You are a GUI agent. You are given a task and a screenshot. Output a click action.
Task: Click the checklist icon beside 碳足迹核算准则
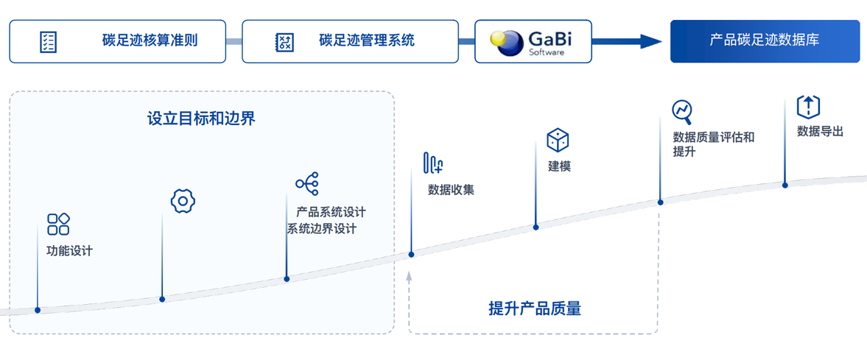[48, 41]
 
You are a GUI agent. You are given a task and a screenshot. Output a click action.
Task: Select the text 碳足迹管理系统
[367, 40]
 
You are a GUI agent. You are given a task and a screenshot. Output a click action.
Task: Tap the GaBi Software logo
[533, 41]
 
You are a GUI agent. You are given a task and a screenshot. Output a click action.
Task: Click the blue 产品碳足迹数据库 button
[765, 41]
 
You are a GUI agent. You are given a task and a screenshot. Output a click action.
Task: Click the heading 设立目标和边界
[201, 119]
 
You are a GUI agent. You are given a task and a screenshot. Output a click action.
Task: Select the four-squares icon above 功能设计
[58, 224]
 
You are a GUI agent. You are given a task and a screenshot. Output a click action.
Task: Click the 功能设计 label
[69, 251]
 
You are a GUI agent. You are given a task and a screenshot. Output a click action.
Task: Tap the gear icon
[183, 201]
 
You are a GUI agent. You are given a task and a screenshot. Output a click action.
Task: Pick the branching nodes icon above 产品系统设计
[306, 183]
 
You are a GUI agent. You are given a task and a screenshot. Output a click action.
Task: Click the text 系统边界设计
[322, 229]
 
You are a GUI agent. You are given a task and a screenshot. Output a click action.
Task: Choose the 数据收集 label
[451, 190]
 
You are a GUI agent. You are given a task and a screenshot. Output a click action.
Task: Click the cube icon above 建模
[558, 140]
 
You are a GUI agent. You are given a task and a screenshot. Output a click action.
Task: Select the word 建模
[559, 166]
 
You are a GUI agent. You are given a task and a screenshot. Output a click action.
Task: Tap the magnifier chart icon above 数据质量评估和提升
[682, 111]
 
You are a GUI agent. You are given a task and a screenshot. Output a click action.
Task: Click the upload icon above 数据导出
[808, 107]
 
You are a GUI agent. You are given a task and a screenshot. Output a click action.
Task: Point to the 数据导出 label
[820, 132]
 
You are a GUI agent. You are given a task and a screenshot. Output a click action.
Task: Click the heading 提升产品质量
[534, 308]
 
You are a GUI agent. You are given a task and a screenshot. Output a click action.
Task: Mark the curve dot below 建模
[536, 227]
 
